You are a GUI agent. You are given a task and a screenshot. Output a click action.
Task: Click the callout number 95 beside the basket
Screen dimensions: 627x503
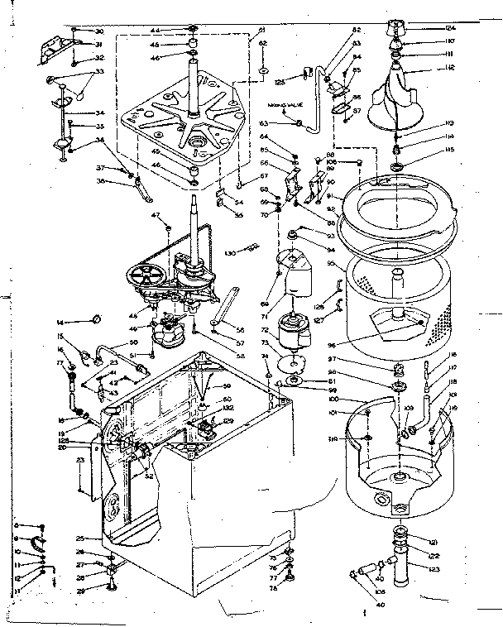[332, 265]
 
